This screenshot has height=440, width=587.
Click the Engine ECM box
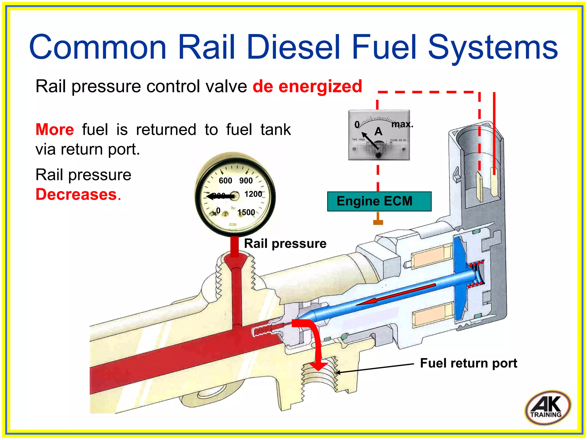coord(379,201)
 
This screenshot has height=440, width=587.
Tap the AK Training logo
coord(548,407)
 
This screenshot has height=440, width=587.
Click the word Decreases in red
coord(76,194)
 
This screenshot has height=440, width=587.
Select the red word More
coord(55,129)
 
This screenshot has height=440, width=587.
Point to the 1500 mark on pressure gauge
coord(246,212)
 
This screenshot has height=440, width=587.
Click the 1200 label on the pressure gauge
coord(253,194)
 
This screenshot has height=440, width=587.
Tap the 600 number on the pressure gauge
coord(225,181)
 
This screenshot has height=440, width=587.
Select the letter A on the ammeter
coord(378,131)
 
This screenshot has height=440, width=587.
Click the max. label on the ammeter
coord(402,124)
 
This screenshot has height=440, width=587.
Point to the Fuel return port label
coord(468,363)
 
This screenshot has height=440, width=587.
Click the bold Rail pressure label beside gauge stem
coord(285,244)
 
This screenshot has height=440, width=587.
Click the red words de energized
coord(307,86)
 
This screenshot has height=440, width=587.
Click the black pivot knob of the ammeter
coord(378,155)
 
